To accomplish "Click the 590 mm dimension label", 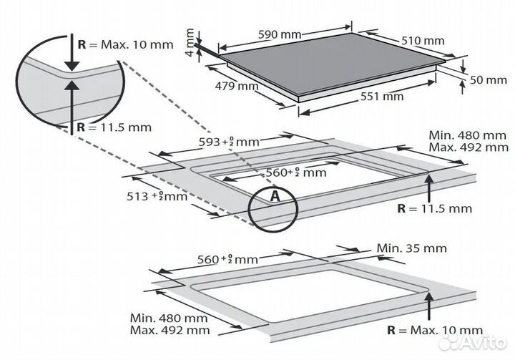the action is (x=280, y=34).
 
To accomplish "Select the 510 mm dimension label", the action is (x=423, y=41).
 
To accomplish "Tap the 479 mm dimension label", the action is (x=237, y=86).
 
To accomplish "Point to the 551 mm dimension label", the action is (x=382, y=97).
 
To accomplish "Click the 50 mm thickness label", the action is (x=488, y=80).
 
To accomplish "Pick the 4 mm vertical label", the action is (x=190, y=42).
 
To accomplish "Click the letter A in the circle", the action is (x=275, y=196).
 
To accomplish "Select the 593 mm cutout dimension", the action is (x=229, y=142).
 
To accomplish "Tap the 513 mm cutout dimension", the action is (x=157, y=196).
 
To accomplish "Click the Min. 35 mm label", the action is (x=411, y=248).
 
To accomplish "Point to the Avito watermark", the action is (x=473, y=342).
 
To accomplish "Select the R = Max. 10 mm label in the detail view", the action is (x=125, y=44).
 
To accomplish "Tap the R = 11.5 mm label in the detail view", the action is (x=114, y=127).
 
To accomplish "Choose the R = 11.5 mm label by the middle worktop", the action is (x=434, y=208).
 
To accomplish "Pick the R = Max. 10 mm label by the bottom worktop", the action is (x=435, y=330).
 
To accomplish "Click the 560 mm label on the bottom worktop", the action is (x=227, y=259).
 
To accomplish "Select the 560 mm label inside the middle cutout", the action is (x=296, y=172).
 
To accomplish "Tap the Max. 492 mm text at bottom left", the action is (x=170, y=330).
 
